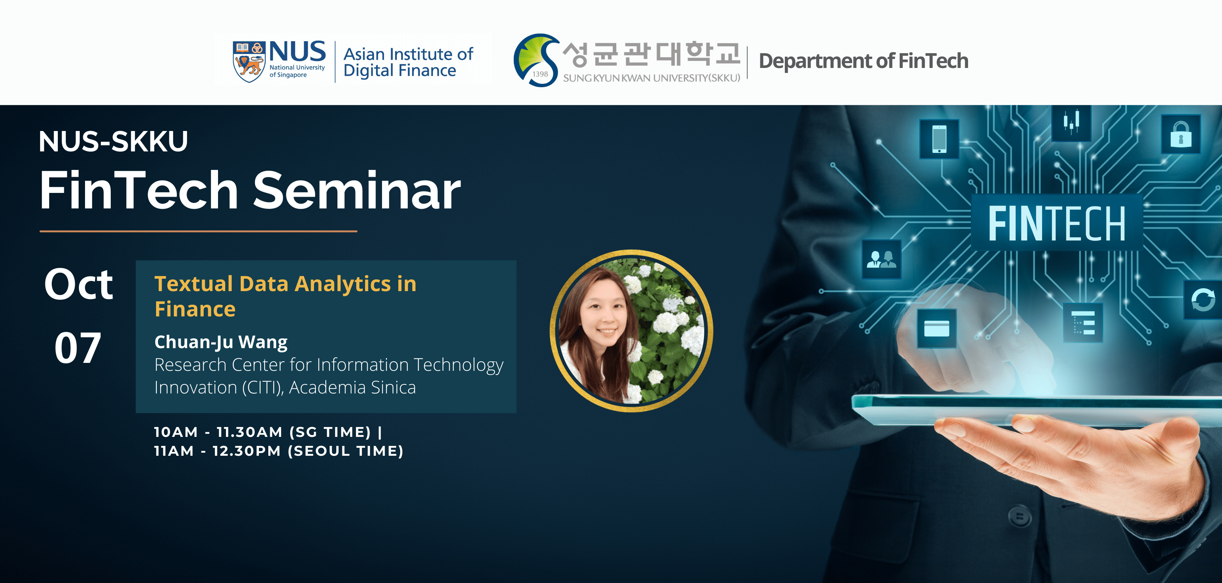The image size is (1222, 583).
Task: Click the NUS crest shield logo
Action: pos(249,61)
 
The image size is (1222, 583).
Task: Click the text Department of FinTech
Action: pos(863,61)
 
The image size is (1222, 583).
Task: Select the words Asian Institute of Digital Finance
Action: pos(408,62)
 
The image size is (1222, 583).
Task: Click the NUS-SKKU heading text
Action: pos(113,141)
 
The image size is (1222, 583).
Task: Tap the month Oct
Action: pos(79,284)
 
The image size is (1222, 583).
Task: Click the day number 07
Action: pos(78,347)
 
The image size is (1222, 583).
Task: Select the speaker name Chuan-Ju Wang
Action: pos(221,342)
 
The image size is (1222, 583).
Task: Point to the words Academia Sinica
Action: pos(353,387)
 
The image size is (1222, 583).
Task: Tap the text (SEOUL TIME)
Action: pos(346,451)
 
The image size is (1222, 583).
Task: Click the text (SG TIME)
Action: pos(330,432)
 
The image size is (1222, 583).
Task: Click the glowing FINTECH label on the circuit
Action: pos(1057,223)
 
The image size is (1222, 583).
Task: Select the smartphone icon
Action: pos(939,139)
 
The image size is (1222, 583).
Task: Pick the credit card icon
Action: pos(937,329)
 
